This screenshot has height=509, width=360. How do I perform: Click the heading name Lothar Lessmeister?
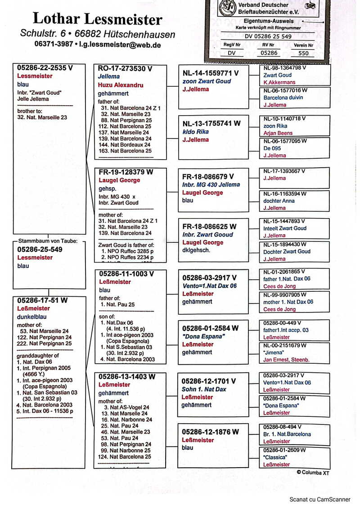97,19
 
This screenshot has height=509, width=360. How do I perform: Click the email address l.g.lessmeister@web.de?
120,45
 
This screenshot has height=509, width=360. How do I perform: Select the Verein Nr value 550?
304,53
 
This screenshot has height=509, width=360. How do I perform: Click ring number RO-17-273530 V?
125,68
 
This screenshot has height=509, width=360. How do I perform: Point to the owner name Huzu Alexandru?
121,85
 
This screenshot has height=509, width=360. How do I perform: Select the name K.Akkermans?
279,82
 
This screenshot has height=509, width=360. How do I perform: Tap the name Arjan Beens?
278,133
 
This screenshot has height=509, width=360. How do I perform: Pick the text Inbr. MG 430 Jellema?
211,184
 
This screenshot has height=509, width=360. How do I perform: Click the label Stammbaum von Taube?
49,241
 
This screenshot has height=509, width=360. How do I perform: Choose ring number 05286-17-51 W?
42,300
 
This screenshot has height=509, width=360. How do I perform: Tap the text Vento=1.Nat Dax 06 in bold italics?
209,286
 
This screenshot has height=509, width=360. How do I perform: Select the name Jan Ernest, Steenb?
286,360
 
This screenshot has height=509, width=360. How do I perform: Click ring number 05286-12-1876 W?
210,432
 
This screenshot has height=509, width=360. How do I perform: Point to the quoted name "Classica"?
275,457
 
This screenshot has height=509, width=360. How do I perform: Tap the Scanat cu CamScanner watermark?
319,499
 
